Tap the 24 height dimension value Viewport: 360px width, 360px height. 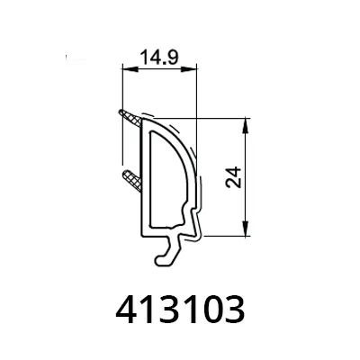point(234,177)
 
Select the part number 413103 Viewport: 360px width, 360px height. point(180,310)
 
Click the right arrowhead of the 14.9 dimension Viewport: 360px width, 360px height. point(189,69)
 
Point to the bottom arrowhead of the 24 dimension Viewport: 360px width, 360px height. point(246,229)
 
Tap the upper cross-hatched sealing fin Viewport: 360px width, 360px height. point(130,119)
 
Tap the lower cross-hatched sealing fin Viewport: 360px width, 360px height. point(132,180)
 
